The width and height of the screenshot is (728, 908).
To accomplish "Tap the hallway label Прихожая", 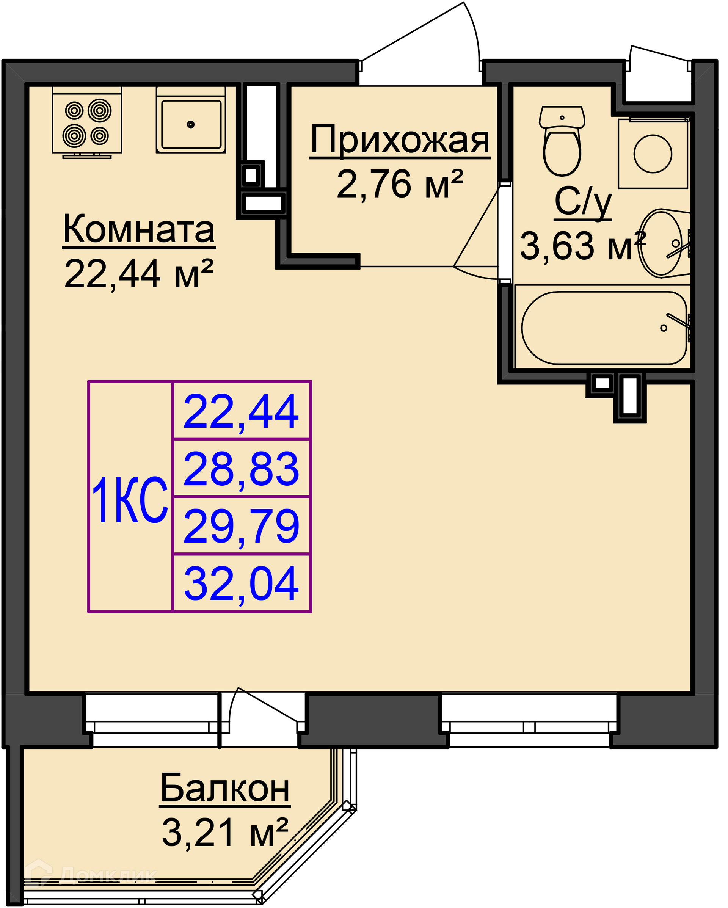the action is click(x=400, y=140).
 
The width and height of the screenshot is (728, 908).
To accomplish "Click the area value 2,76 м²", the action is click(x=400, y=184).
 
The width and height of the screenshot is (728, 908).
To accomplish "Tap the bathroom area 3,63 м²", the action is click(x=583, y=246).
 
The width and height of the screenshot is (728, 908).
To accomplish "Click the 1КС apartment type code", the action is click(x=130, y=500).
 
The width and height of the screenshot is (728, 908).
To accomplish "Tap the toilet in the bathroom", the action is click(x=562, y=141).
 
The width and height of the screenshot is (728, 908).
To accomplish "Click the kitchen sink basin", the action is click(x=191, y=124).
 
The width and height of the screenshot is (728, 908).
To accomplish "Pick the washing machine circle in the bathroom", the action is click(x=653, y=154).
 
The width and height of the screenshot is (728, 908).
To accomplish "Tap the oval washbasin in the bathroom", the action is click(x=660, y=243).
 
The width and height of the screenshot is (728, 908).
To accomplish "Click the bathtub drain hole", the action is click(x=664, y=328).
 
